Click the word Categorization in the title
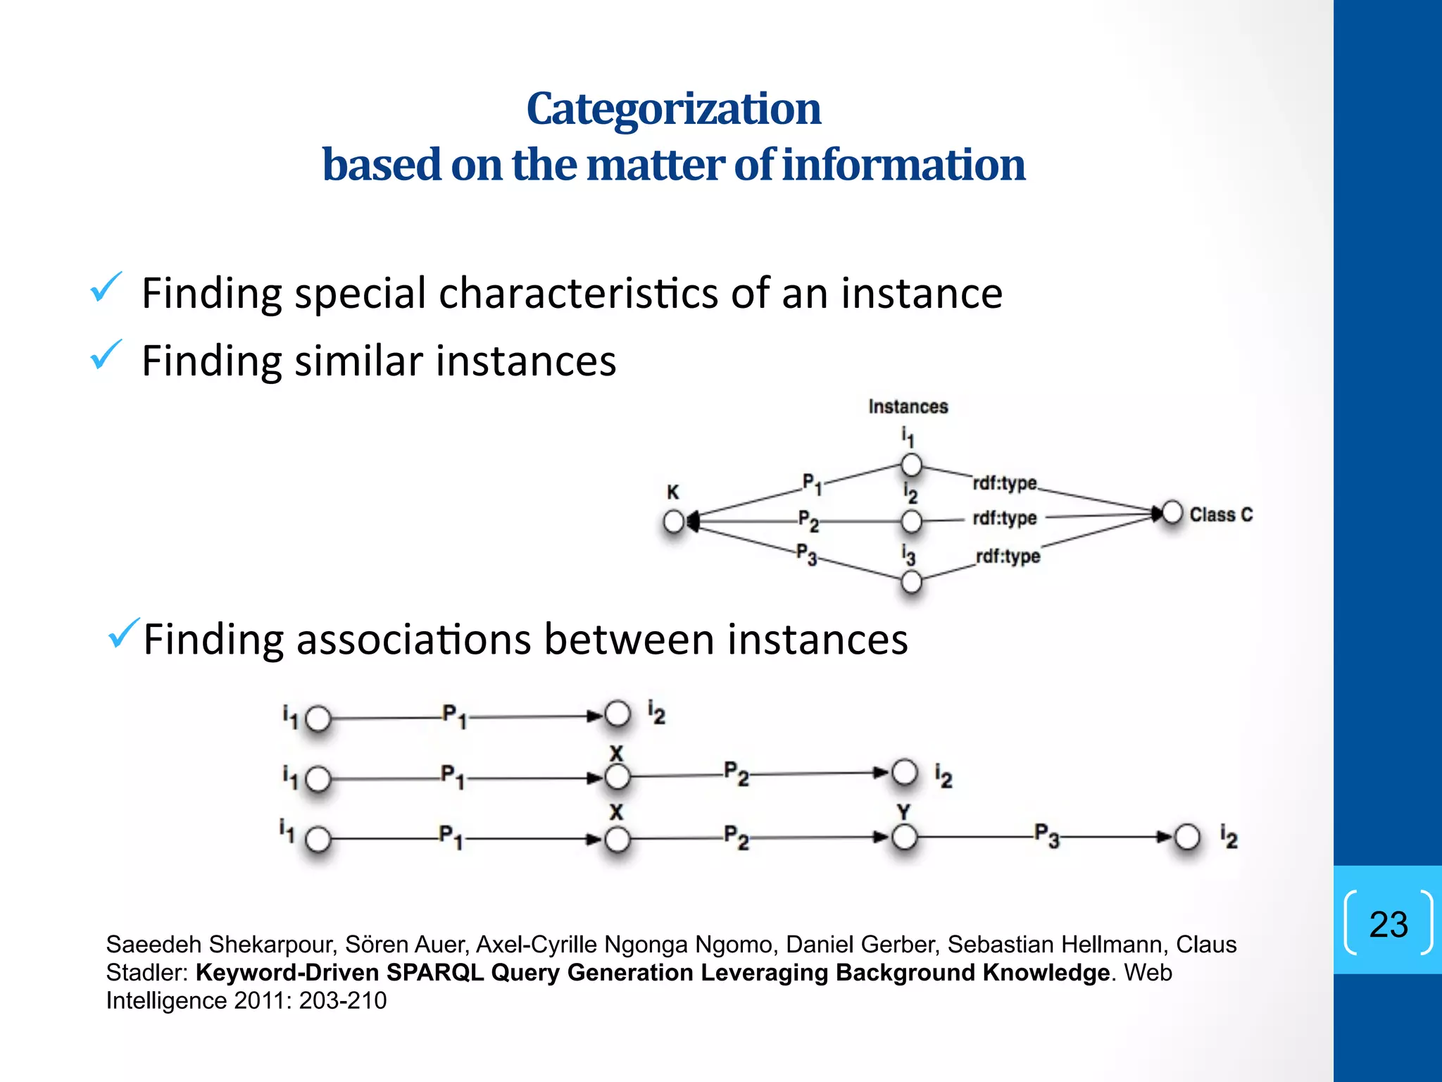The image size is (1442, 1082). (674, 109)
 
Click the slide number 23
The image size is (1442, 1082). (1388, 924)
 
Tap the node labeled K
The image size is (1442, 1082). (674, 522)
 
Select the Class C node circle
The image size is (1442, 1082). (1172, 513)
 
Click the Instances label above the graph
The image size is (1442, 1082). (908, 406)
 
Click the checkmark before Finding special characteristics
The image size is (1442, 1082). (106, 287)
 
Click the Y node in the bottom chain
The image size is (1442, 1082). (904, 838)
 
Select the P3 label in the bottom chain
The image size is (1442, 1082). (1046, 835)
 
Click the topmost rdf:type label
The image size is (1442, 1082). (1005, 483)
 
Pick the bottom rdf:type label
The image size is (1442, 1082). (1008, 556)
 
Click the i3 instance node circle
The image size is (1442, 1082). (911, 582)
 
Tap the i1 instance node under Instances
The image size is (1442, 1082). (911, 465)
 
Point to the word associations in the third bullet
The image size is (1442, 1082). (414, 640)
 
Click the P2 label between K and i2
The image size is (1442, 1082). (808, 522)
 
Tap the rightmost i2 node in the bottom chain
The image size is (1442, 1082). (1187, 838)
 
